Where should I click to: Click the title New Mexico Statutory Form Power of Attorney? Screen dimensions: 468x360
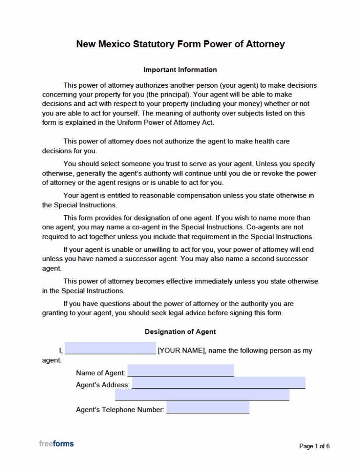tap(180, 45)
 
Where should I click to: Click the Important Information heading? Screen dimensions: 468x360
tap(180, 70)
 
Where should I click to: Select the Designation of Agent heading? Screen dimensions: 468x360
tap(180, 332)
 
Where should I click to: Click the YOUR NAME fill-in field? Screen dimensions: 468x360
tap(110, 348)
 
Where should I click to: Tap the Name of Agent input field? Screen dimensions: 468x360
tap(180, 371)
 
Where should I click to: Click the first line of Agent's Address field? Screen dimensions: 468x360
tap(218, 383)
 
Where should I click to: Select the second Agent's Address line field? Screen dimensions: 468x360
tap(202, 395)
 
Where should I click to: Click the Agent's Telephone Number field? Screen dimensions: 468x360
tap(208, 408)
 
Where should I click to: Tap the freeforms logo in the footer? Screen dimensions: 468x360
tap(56, 443)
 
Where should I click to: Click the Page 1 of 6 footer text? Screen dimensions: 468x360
tap(314, 446)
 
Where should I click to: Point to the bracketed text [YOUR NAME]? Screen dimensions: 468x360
tap(181, 351)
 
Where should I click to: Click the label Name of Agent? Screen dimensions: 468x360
tap(100, 373)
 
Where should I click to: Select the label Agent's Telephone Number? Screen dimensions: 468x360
tap(120, 410)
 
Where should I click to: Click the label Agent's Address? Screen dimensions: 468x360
tap(103, 385)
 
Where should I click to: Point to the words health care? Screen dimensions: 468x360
tap(279, 141)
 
